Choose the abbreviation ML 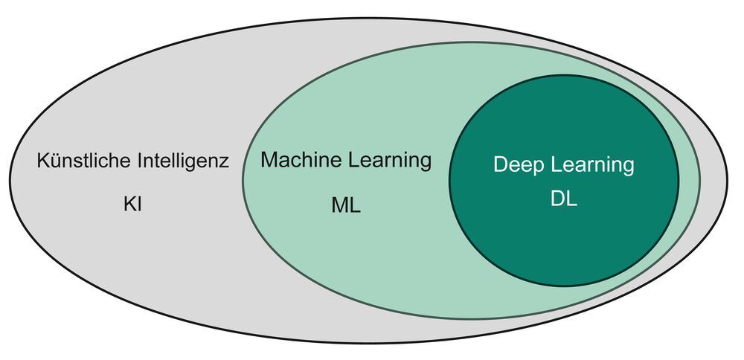pyautogui.click(x=346, y=206)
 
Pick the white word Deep pyautogui.click(x=517, y=165)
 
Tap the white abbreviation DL pyautogui.click(x=564, y=200)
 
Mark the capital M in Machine pyautogui.click(x=269, y=160)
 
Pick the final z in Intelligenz pyautogui.click(x=225, y=163)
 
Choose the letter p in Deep pyautogui.click(x=536, y=167)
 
